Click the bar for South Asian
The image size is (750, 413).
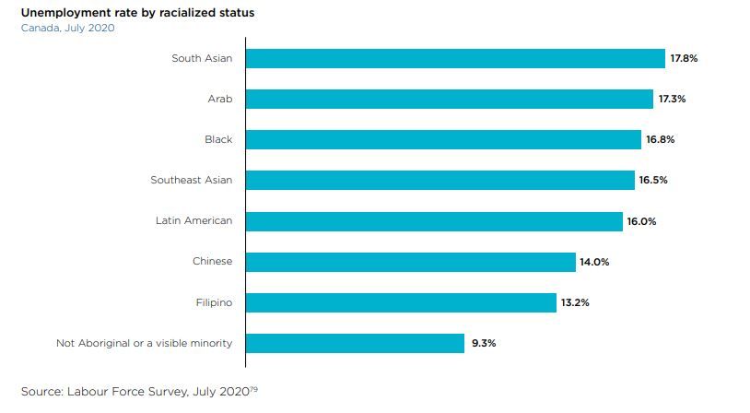pyautogui.click(x=455, y=58)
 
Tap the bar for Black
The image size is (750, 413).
pyautogui.click(x=443, y=139)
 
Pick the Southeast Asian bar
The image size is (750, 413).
pyautogui.click(x=440, y=180)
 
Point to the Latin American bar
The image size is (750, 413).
pyautogui.click(x=434, y=221)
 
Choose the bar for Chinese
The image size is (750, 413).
pyautogui.click(x=411, y=262)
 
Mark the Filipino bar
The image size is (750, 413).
pyautogui.click(x=401, y=302)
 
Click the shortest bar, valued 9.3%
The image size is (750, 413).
pyautogui.click(x=355, y=343)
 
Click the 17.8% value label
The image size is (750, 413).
pyautogui.click(x=684, y=58)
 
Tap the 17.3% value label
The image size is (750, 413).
pyautogui.click(x=672, y=99)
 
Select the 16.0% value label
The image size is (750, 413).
pyautogui.click(x=641, y=221)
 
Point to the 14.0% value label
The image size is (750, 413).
pyautogui.click(x=594, y=262)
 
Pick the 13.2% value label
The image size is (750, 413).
pyautogui.click(x=575, y=302)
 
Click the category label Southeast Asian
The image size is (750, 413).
pyautogui.click(x=192, y=180)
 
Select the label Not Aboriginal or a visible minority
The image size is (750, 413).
pyautogui.click(x=144, y=343)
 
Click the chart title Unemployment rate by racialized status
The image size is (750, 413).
pyautogui.click(x=138, y=13)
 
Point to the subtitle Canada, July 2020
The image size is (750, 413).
pyautogui.click(x=67, y=28)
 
